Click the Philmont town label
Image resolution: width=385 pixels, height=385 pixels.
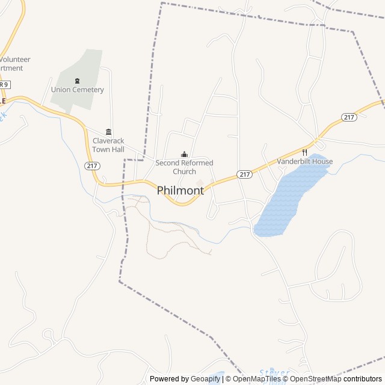coord(180,190)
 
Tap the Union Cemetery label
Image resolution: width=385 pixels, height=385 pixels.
coord(78,90)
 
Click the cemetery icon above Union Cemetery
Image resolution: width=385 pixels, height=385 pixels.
coord(77,81)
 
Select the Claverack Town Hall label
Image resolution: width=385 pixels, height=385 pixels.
coord(108,144)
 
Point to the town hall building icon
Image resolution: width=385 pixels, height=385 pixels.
coord(108,132)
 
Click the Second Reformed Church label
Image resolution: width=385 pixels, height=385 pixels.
coord(184,167)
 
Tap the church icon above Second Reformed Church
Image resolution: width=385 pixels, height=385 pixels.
coord(184,154)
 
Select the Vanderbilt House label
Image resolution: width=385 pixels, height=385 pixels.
coord(305,161)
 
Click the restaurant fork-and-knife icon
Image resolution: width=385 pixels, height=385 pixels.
coord(304,152)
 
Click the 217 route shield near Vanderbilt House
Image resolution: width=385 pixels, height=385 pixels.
coord(244,174)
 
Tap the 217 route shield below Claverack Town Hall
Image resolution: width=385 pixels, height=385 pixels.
coord(93,165)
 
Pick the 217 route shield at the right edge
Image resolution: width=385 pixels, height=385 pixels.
coord(349,117)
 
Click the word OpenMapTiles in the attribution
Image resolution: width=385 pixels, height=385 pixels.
coord(256,379)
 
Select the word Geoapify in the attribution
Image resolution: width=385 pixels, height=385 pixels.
coord(206,379)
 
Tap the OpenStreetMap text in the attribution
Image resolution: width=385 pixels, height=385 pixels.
coord(315,379)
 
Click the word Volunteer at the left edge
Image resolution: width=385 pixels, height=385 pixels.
coord(15,60)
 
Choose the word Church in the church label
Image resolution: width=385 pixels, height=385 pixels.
coord(184,171)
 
